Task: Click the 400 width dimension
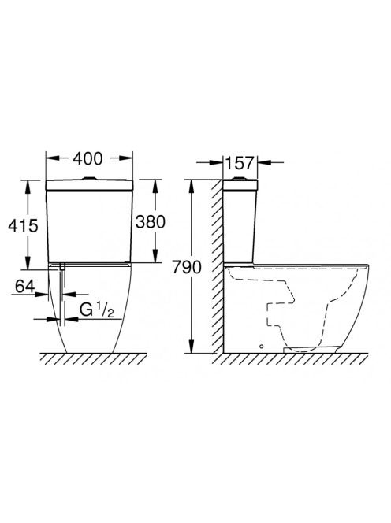tap(88, 159)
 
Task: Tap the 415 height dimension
tap(24, 226)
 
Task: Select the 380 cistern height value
tap(151, 222)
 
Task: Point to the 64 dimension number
tap(24, 286)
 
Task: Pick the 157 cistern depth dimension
tap(240, 163)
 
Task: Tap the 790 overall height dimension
tap(187, 267)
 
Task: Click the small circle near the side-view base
tap(262, 347)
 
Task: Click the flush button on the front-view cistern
tap(89, 179)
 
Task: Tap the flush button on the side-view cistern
tap(240, 179)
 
